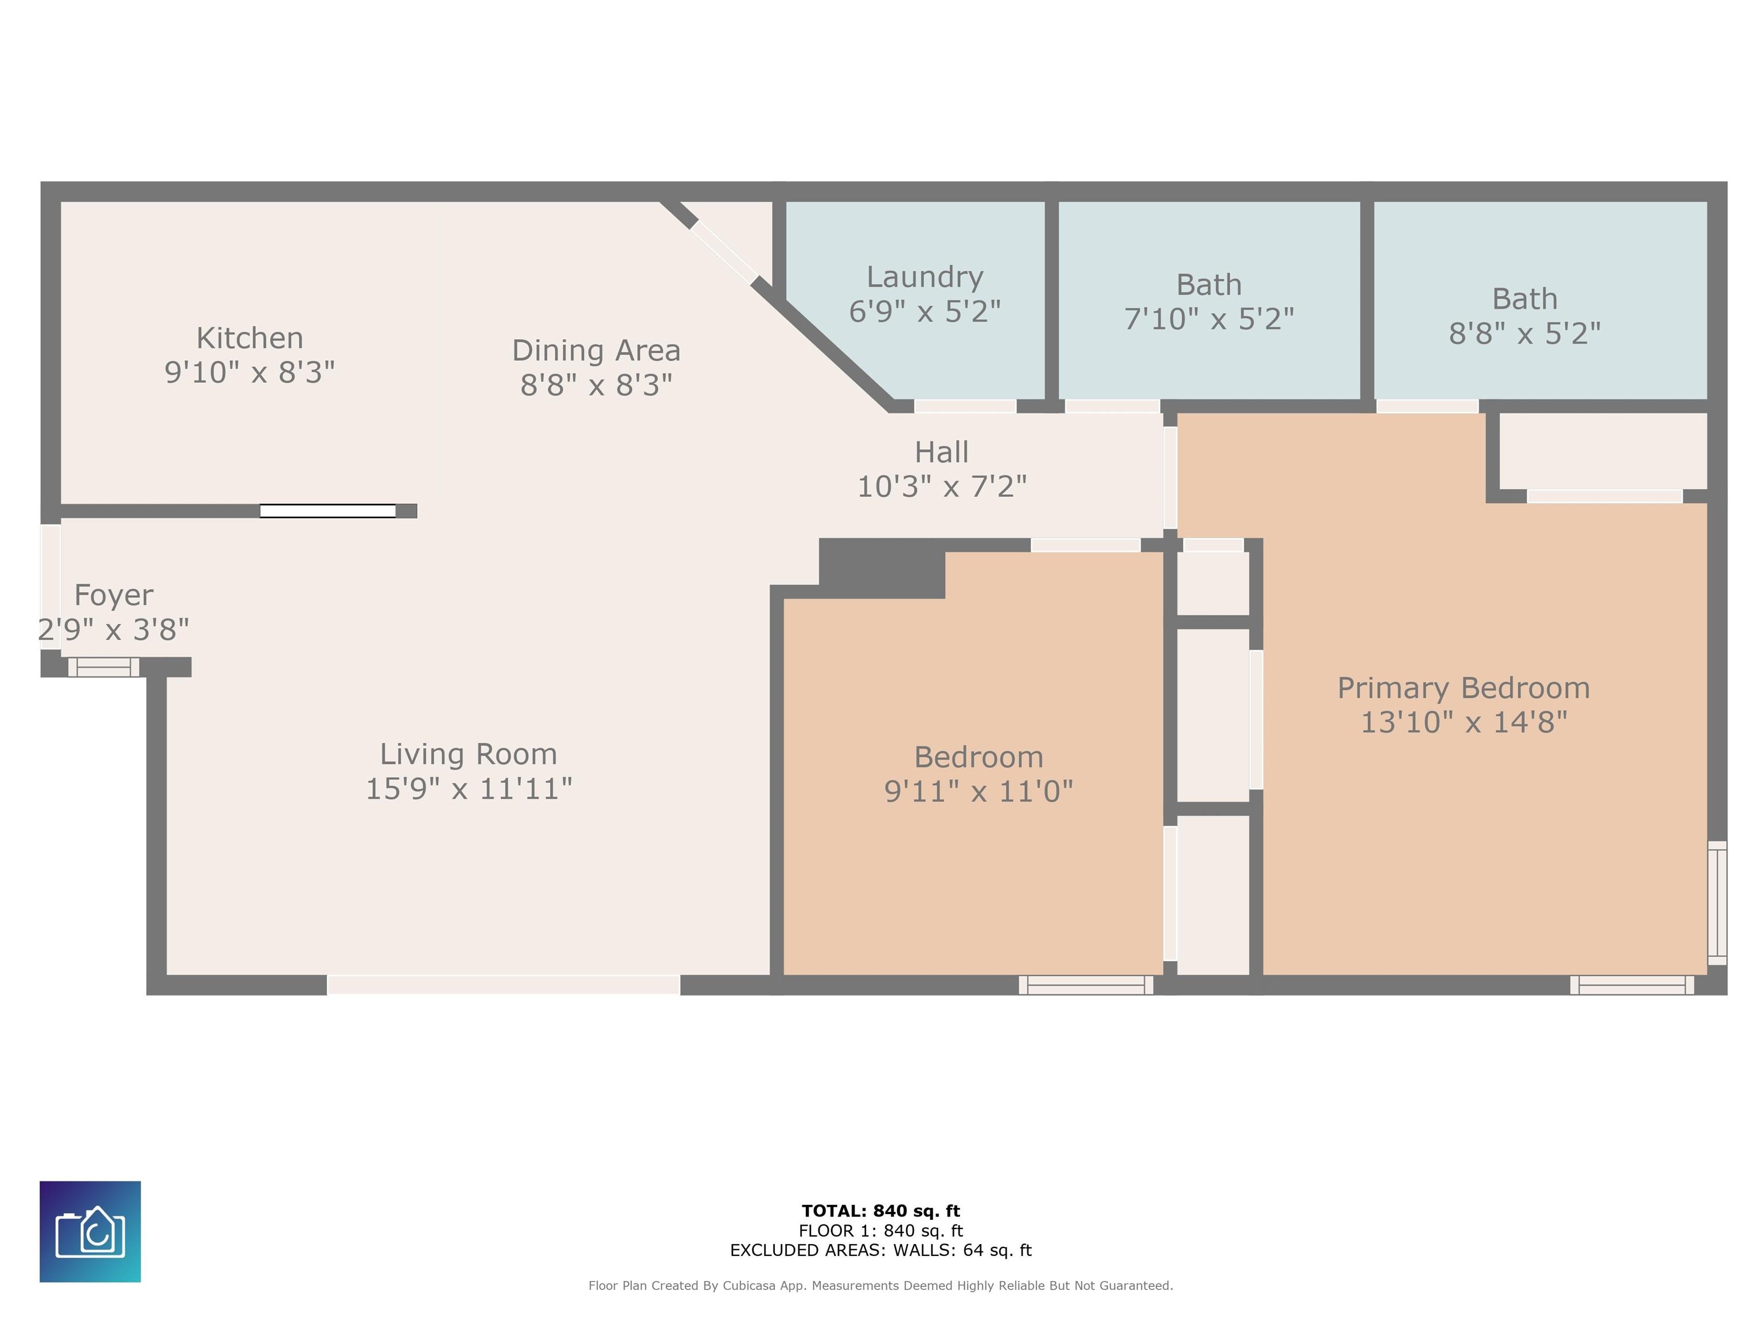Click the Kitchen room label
point(250,338)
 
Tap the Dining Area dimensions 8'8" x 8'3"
point(597,385)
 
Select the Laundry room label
point(925,277)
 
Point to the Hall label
point(942,452)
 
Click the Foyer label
point(113,595)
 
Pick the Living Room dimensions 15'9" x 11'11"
point(469,789)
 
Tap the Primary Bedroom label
point(1463,689)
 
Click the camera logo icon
point(90,1231)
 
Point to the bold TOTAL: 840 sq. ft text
point(881,1211)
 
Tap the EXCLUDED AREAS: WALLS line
point(881,1250)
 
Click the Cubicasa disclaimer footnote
point(881,1285)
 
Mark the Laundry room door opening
point(965,406)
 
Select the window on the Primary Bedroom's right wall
point(1717,903)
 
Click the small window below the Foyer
point(104,667)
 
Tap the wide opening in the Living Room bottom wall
point(504,985)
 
